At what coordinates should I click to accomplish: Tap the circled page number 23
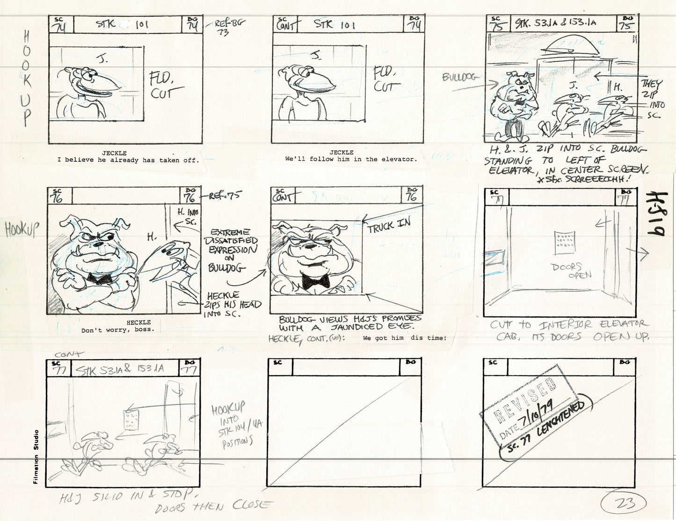tap(624, 504)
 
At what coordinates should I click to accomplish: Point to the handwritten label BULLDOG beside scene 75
tap(459, 77)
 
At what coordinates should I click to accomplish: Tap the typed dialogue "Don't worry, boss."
tap(117, 330)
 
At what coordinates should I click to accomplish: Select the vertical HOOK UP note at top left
tap(27, 79)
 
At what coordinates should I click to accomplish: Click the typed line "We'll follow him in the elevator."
tap(351, 159)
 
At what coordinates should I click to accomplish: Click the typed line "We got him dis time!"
tap(404, 338)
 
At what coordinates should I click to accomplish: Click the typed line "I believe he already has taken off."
tap(128, 159)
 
